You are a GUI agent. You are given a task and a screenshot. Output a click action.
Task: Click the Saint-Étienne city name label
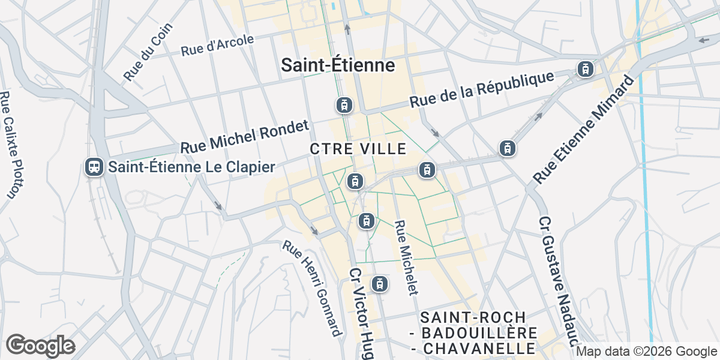coord(338,65)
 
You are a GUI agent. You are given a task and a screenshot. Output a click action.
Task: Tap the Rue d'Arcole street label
coord(217,46)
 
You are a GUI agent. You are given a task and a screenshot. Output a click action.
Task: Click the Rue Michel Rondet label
coord(244,136)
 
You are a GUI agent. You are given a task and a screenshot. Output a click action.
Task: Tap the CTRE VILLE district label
coord(358,148)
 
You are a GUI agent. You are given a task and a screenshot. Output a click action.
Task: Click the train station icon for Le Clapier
coord(94,167)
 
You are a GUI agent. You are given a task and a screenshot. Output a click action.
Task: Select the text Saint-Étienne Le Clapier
coord(191,167)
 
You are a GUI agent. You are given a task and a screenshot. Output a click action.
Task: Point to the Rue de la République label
coord(481,91)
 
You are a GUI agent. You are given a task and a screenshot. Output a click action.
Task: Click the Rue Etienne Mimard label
coord(583,130)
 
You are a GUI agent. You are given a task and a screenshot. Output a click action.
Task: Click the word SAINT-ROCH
coord(473,317)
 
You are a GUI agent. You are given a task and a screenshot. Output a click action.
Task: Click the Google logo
coord(40,346)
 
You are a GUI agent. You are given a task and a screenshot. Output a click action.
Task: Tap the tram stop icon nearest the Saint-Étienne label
coord(343,106)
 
